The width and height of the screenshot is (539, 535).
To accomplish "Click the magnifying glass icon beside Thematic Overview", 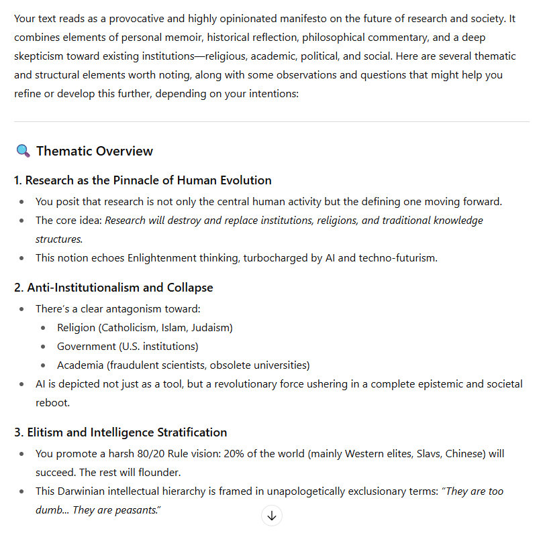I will pos(23,152).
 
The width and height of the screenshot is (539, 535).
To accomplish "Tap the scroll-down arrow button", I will pos(271,516).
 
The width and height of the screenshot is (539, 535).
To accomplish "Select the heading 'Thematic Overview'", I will pos(95,152).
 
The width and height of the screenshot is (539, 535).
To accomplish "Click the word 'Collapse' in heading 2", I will pos(191,288).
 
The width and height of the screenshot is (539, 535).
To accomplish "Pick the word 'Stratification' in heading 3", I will pos(192,432).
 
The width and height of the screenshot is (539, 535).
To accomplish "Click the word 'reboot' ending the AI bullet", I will pos(52,403).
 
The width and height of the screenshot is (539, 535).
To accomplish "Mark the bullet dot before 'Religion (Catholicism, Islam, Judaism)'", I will pos(44,328).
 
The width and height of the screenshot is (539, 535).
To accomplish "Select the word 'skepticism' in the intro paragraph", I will pos(39,56).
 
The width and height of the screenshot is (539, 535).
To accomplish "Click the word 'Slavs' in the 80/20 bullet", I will pos(428,454).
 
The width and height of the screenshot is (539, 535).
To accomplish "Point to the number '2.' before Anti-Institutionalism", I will pos(19,288).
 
